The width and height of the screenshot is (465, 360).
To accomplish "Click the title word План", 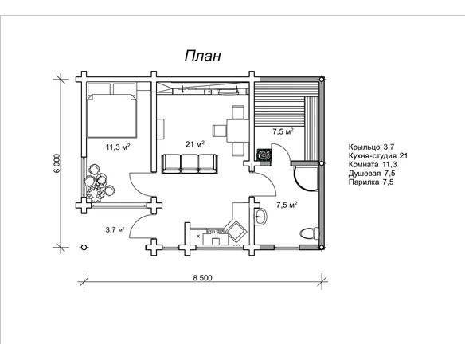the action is coord(203,56).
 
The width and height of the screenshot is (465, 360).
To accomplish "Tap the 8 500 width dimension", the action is coord(202,278).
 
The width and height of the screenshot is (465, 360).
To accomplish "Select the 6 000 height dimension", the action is coord(57,162).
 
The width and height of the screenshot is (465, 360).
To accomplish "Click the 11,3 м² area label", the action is coord(119,147).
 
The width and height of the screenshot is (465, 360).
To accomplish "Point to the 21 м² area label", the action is coord(195,144).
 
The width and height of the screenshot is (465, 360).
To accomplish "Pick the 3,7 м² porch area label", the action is coord(115,229).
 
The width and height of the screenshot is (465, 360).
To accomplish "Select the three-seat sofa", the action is coord(190,164).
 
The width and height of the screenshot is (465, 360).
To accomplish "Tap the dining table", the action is coord(237,131).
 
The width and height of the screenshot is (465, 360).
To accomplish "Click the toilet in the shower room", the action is coord(309,233).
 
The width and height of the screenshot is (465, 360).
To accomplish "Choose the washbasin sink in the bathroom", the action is coord(260,217).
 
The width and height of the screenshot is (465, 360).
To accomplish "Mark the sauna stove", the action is coord(264,155).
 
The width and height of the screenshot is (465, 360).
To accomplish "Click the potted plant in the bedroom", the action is coord(98,183).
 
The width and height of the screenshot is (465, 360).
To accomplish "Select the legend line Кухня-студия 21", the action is coord(378,155).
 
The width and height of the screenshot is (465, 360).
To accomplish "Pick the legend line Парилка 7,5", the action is coord(371,182).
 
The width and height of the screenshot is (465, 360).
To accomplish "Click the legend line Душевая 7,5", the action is coord(372,173).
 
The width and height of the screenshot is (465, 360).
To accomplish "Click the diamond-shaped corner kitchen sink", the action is coord(236,231).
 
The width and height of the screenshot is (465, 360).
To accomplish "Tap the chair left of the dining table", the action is coord(220,131).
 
